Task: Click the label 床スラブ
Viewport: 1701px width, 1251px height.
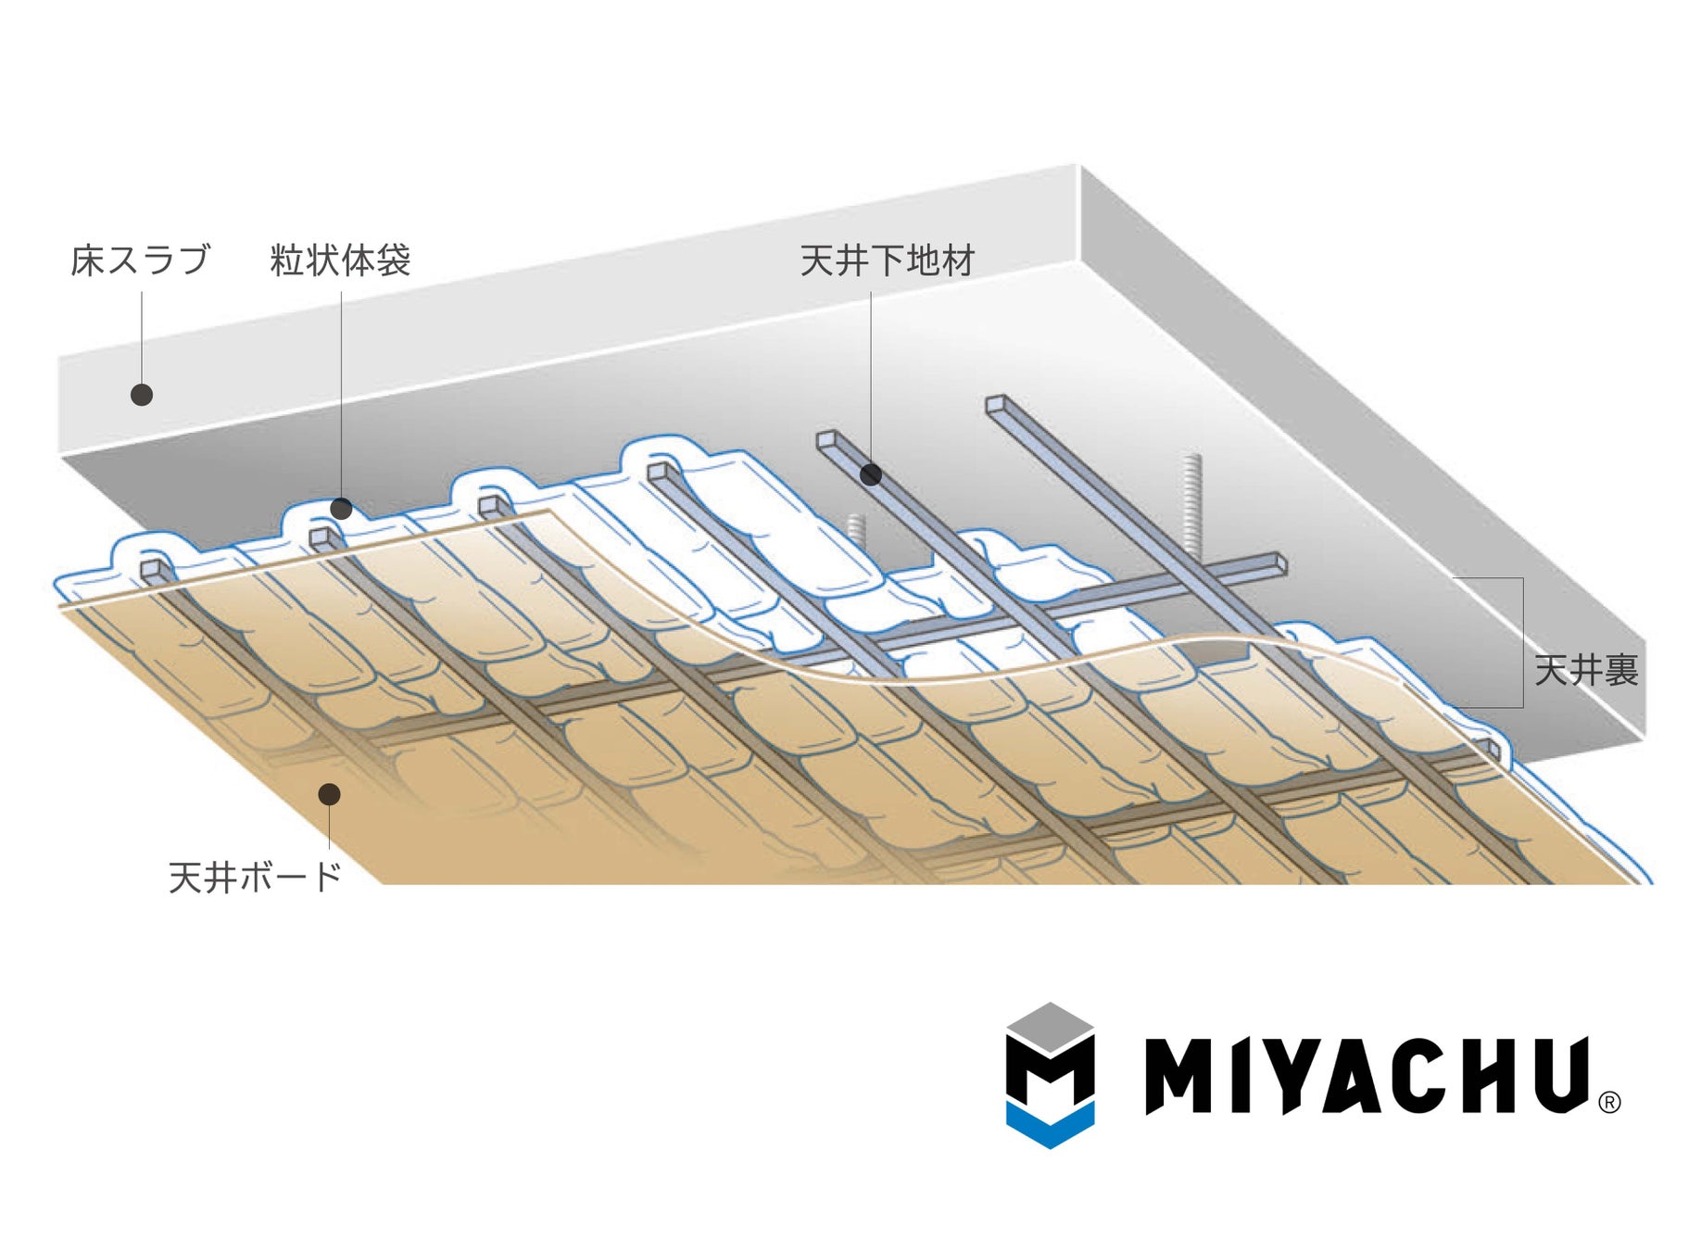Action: point(140,260)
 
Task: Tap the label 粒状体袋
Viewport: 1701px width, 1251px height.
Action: point(340,260)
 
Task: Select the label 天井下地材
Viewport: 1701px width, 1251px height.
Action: point(887,260)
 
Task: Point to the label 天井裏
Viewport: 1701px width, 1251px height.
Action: point(1586,670)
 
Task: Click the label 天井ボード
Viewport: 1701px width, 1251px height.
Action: point(255,877)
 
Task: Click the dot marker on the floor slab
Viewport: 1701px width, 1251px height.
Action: point(141,395)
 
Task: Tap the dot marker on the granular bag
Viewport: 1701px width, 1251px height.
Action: point(341,509)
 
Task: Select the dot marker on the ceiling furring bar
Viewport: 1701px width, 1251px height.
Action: point(870,474)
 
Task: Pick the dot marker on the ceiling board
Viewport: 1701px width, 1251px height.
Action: point(329,794)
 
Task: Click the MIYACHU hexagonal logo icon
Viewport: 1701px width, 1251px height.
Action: point(1050,1075)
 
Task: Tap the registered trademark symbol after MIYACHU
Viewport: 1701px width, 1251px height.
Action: point(1609,1103)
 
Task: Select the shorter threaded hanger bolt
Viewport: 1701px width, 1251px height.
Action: point(857,533)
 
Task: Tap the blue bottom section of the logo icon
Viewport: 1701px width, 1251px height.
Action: point(1050,1126)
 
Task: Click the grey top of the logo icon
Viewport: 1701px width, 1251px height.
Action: point(1050,1026)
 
